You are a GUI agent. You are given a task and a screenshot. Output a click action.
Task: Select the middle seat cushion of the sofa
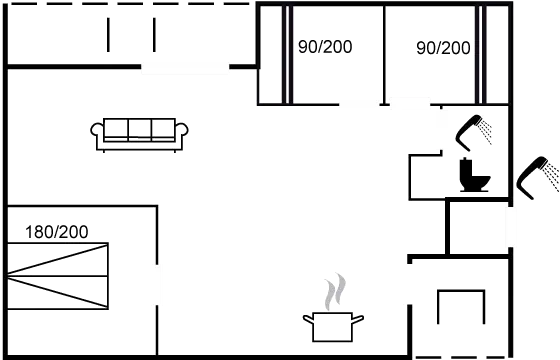[140, 129]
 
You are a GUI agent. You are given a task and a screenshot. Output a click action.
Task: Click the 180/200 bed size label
[56, 232]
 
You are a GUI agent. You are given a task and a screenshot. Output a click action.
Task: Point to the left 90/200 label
[325, 47]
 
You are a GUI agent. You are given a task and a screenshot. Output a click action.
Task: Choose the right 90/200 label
[443, 47]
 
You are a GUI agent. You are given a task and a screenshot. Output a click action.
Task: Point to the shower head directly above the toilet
[473, 131]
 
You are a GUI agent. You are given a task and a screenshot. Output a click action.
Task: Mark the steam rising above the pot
[335, 291]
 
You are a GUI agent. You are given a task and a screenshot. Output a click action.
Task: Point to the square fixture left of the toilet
[430, 178]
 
